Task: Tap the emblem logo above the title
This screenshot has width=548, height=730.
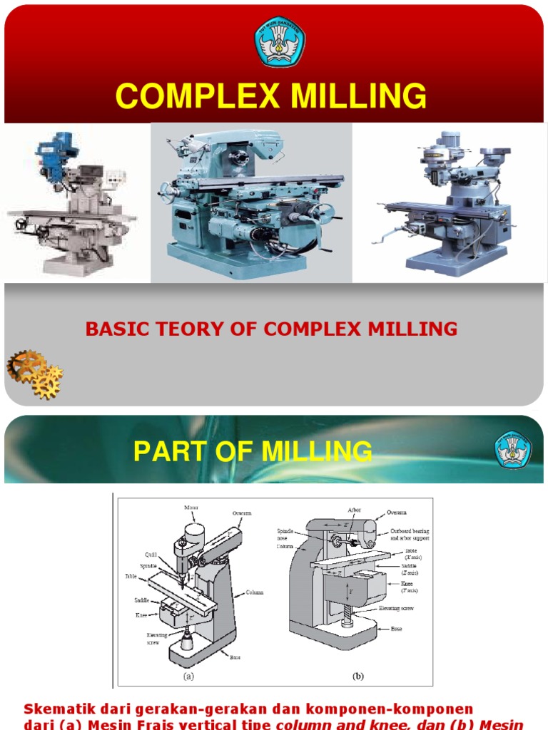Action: [x=280, y=41]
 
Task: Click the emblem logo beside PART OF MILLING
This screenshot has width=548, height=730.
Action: [x=513, y=451]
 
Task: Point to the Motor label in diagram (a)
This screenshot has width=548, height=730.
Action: [x=191, y=508]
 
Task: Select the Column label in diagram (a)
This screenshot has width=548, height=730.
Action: [x=255, y=592]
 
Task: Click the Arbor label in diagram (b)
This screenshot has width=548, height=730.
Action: [x=354, y=510]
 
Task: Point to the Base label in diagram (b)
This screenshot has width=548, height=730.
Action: [x=396, y=629]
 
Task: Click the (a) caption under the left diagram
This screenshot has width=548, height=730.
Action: [x=188, y=677]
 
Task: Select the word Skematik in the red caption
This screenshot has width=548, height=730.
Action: [x=58, y=709]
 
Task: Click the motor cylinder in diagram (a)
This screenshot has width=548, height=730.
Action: [x=195, y=533]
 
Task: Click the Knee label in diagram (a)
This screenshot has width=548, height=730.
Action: [x=141, y=615]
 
